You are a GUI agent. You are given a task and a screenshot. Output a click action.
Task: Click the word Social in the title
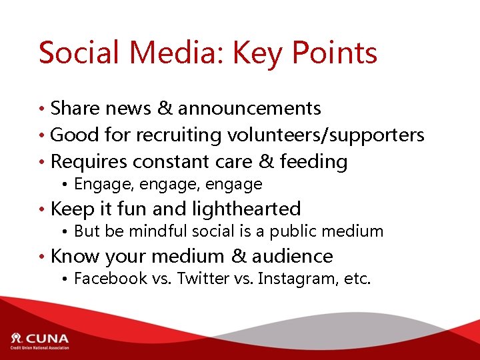pyautogui.click(x=77, y=53)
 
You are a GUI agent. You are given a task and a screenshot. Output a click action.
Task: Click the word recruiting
pyautogui.click(x=180, y=135)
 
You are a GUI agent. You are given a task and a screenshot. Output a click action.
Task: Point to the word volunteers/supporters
pyautogui.click(x=326, y=135)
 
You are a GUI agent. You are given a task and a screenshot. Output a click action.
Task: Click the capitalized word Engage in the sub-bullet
pyautogui.click(x=97, y=184)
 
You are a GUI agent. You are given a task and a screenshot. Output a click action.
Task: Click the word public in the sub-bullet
pyautogui.click(x=310, y=231)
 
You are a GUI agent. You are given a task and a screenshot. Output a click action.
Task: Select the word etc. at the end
pyautogui.click(x=356, y=278)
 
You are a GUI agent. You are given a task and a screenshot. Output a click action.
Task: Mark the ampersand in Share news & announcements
pyautogui.click(x=165, y=108)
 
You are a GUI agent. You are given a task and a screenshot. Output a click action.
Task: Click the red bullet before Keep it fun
pyautogui.click(x=42, y=209)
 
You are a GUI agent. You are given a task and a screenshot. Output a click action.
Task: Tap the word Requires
pyautogui.click(x=89, y=162)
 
